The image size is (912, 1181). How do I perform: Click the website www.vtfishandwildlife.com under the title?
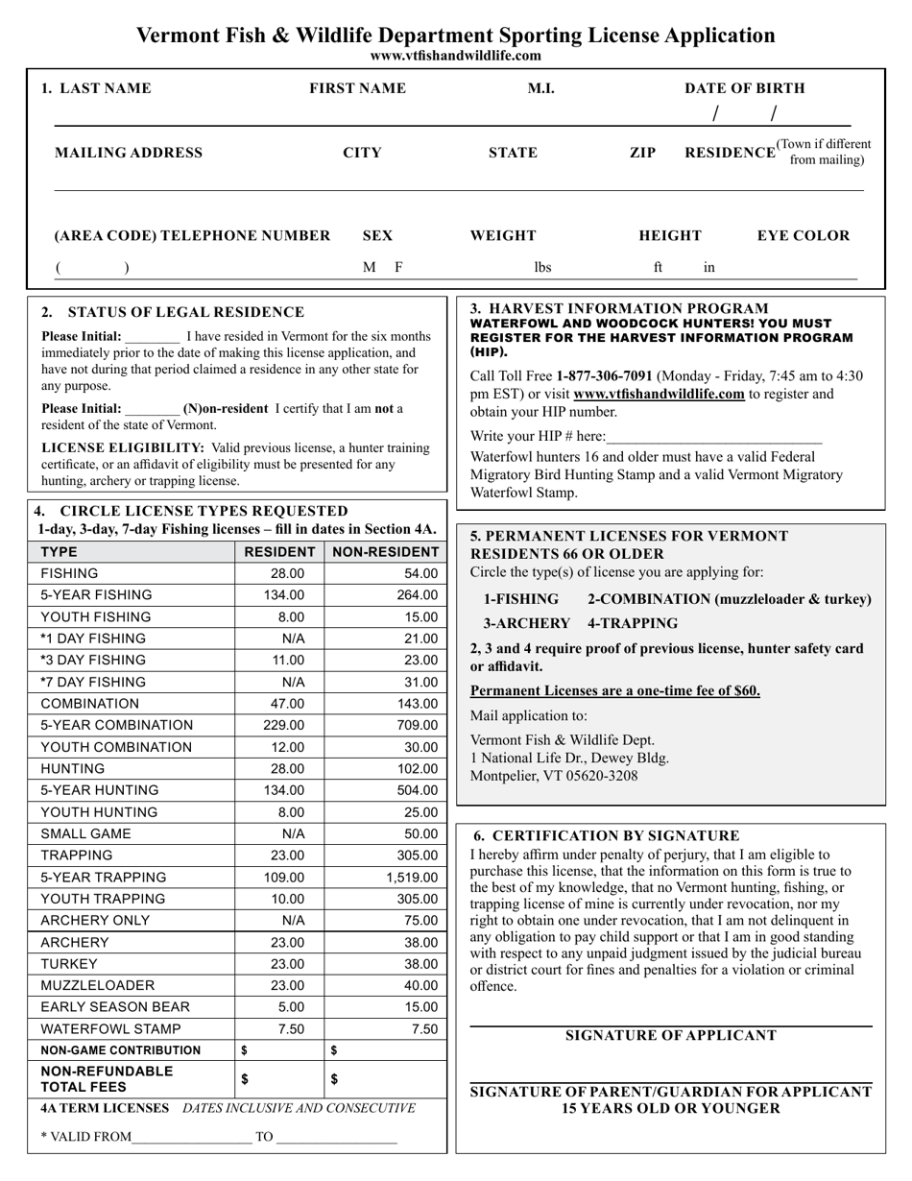[x=455, y=56]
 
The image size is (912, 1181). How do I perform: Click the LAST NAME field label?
[x=96, y=88]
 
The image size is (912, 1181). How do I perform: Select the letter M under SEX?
[x=369, y=268]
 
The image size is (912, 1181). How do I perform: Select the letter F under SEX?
[x=398, y=268]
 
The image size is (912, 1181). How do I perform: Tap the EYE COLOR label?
[x=804, y=235]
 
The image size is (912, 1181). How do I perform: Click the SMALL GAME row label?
[x=86, y=834]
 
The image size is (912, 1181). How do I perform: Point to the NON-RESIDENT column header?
[x=386, y=552]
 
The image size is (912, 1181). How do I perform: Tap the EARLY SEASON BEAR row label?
[x=115, y=1007]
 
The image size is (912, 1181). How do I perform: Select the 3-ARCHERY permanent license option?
[x=526, y=623]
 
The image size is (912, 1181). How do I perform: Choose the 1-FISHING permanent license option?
[x=520, y=599]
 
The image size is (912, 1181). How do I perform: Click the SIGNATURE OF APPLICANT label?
[x=670, y=1035]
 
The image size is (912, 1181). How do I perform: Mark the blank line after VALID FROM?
[x=192, y=1138]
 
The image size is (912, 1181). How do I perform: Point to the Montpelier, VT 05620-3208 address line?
[x=553, y=776]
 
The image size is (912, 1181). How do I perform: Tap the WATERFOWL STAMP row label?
[x=110, y=1029]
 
